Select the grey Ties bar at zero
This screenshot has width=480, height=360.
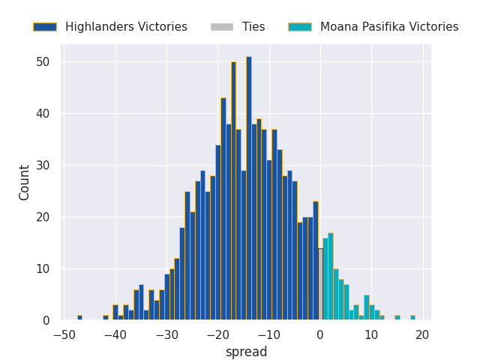320,284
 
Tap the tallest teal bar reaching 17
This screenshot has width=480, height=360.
331,277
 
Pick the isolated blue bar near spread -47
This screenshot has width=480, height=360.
79,317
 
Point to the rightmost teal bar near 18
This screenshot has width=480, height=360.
412,317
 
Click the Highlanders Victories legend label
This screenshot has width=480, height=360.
126,27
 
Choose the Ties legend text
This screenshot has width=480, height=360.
253,27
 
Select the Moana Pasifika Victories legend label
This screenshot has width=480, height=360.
389,27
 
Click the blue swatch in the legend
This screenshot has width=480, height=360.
44,27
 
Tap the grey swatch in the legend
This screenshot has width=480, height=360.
221,27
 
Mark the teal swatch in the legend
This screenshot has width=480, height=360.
299,27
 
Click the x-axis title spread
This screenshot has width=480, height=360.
246,352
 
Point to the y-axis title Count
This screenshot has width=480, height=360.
25,182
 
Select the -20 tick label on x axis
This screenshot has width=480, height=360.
217,334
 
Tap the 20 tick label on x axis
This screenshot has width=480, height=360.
422,334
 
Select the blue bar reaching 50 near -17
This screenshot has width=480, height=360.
233,191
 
